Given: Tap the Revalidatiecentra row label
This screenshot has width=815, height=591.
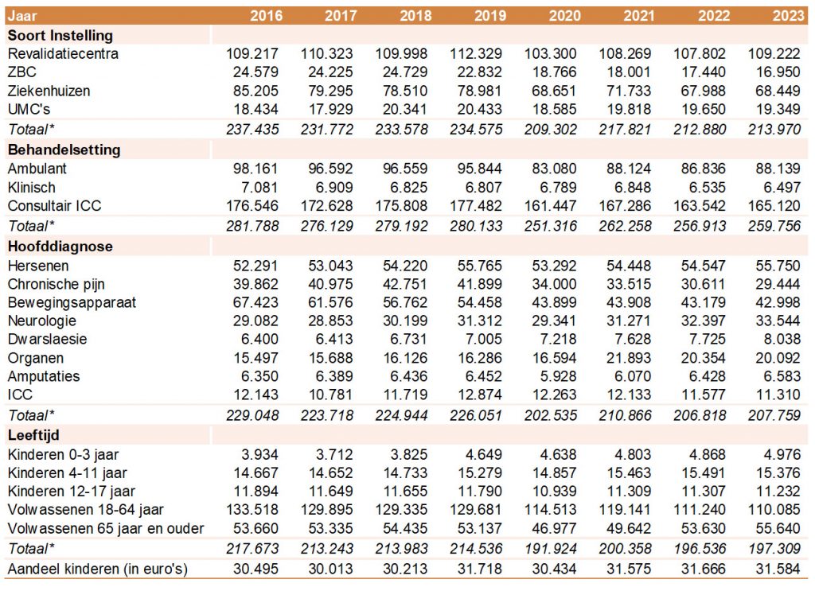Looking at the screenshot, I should click(63, 54).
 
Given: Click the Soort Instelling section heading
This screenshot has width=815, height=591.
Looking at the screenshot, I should click(60, 35).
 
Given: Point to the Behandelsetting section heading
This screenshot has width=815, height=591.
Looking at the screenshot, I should click(64, 150).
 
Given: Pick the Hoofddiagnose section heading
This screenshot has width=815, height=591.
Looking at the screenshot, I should click(60, 247).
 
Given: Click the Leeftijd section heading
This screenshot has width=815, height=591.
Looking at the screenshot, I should click(33, 435).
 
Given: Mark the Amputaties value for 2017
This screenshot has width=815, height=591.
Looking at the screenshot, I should click(332, 376).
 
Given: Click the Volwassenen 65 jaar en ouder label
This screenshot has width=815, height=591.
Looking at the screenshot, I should click(106, 528).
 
